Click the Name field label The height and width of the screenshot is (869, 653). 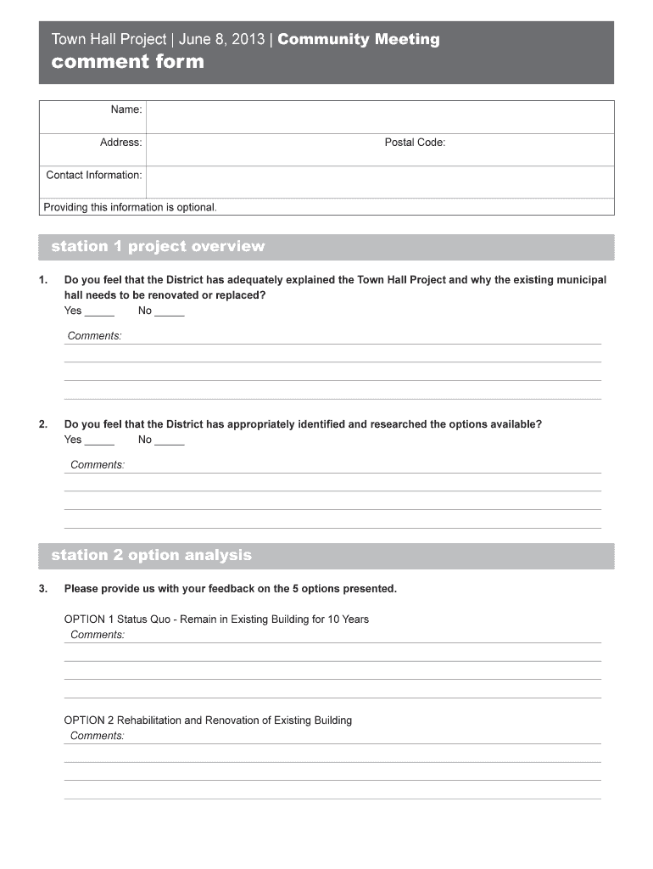click(126, 109)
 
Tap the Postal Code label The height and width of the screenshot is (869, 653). click(415, 143)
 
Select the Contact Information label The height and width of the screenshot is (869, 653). click(93, 175)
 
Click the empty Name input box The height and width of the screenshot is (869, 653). click(379, 116)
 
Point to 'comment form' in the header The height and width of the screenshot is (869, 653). click(128, 62)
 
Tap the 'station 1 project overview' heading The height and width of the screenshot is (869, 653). click(158, 247)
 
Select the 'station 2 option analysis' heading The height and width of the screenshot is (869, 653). click(151, 556)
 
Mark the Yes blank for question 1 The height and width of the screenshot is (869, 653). click(100, 311)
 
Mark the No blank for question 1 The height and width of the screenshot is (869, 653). click(170, 311)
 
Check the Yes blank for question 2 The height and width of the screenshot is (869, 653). click(100, 440)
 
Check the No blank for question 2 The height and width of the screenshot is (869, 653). click(170, 440)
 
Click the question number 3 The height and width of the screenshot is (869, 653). click(43, 589)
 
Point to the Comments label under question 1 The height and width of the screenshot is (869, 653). click(94, 336)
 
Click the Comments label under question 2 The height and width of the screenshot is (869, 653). click(98, 465)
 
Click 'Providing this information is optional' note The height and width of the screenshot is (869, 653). click(130, 207)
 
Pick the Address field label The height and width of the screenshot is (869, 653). click(120, 143)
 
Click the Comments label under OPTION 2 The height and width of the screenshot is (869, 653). click(98, 736)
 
